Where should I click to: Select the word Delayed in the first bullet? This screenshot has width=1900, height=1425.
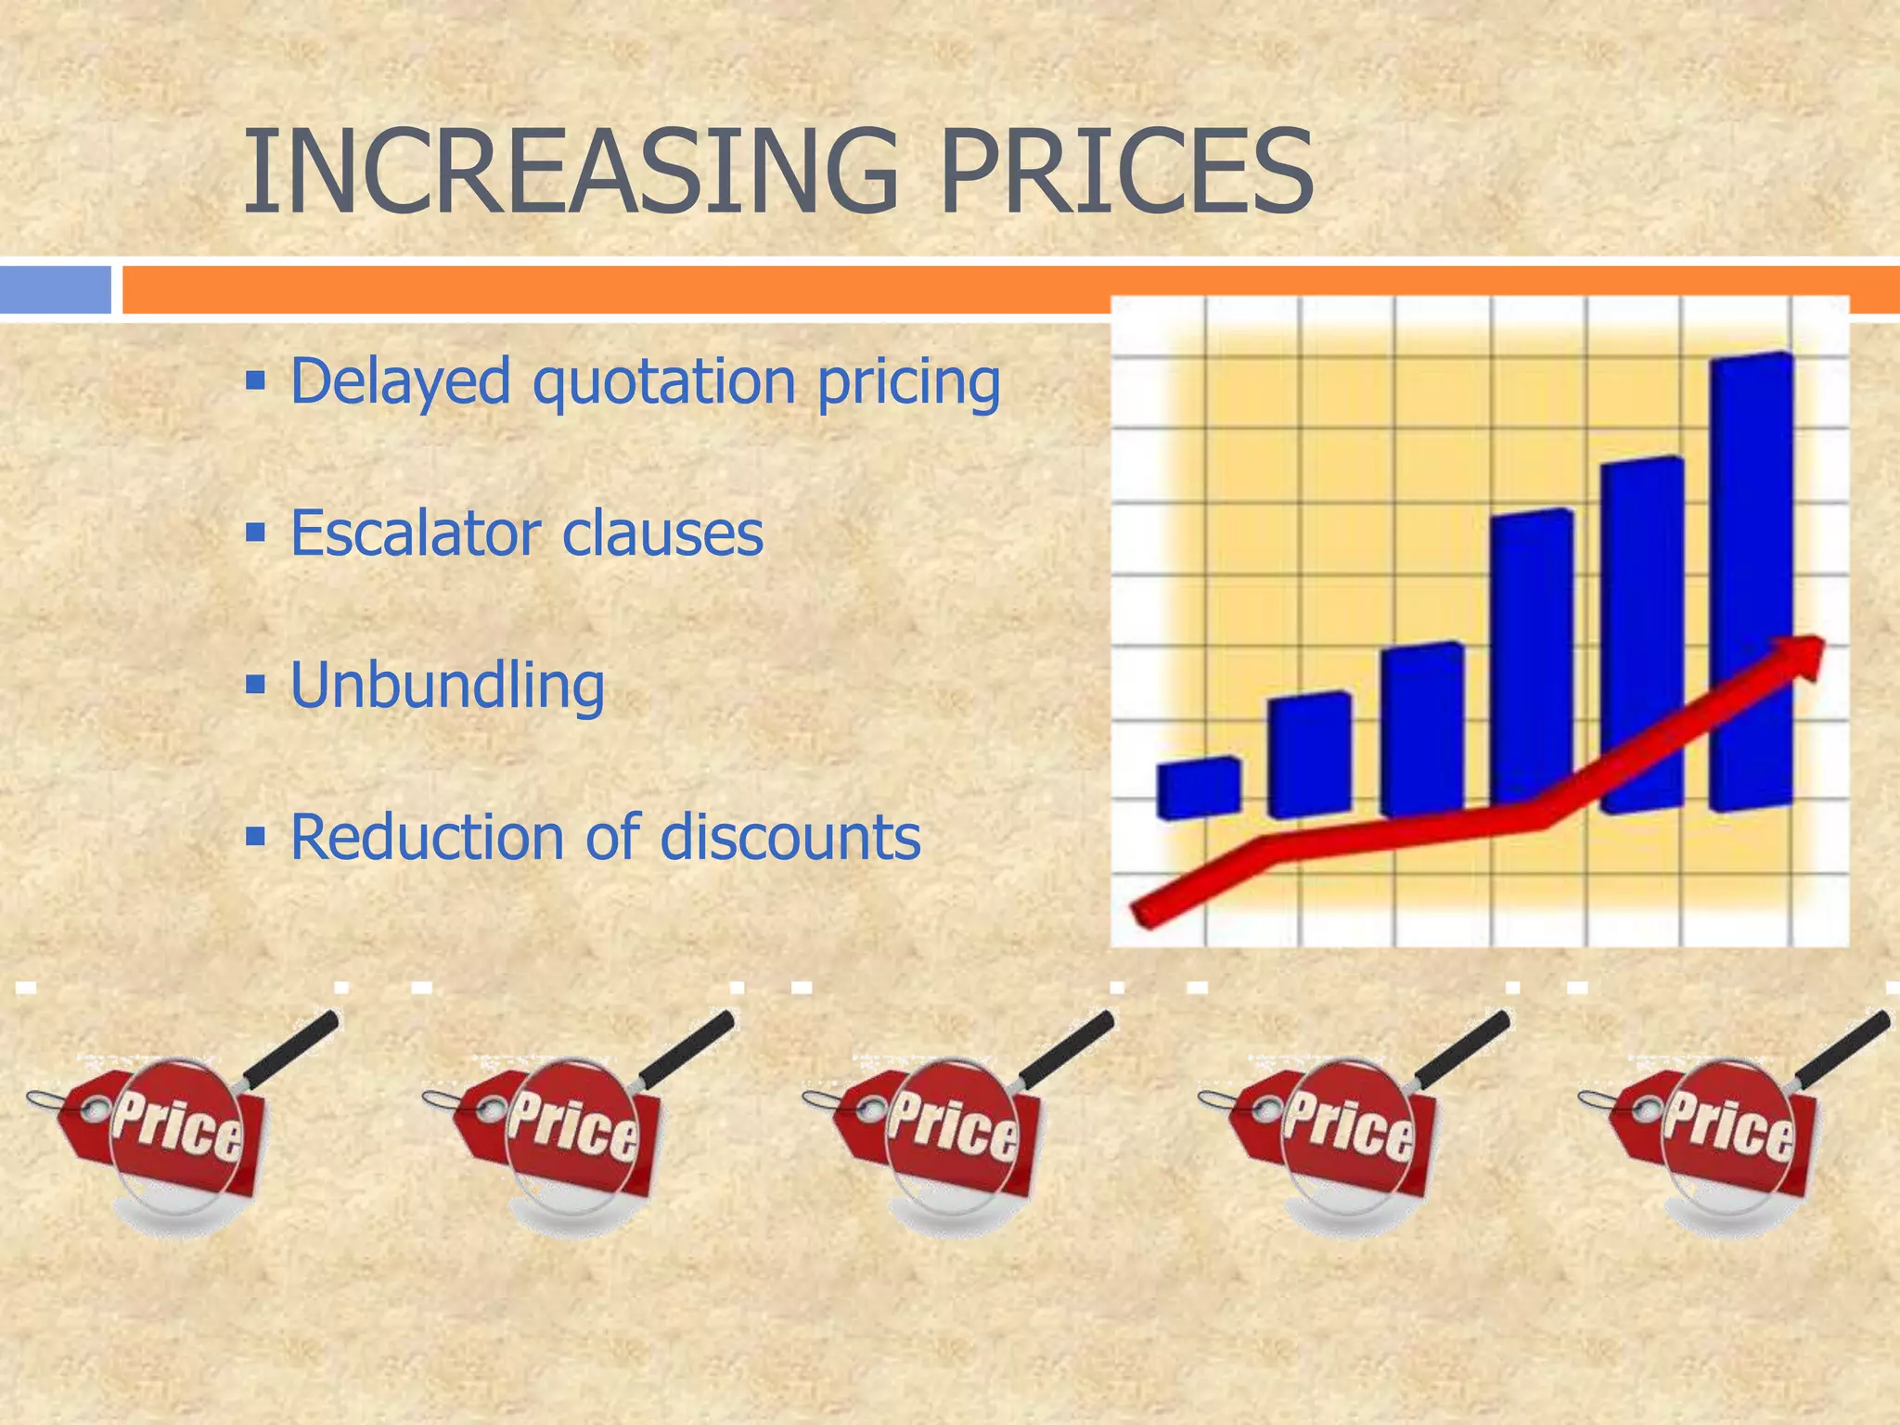click(401, 382)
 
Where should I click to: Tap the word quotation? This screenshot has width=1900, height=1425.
click(664, 382)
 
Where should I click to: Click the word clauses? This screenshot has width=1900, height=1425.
click(662, 534)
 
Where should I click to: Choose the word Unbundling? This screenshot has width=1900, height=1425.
click(447, 687)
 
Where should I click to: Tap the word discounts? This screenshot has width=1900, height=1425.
click(790, 837)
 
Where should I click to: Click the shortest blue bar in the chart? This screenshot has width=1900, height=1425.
click(1198, 788)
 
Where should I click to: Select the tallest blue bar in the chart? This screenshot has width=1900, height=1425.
click(1752, 583)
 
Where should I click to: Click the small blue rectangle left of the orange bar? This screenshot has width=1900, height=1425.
click(56, 289)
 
